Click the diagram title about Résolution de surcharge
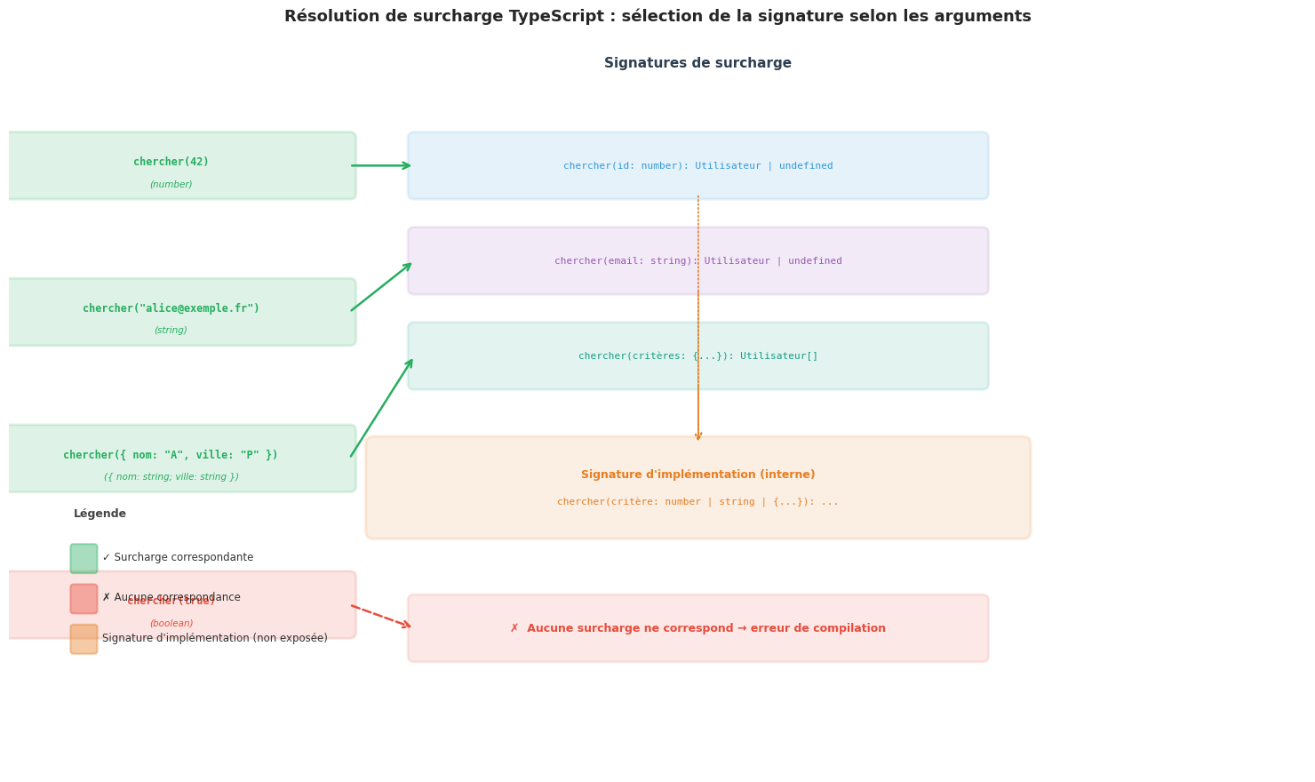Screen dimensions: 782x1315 pyautogui.click(x=657, y=17)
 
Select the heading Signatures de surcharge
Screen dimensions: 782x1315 pyautogui.click(x=697, y=64)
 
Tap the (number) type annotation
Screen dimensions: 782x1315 pyautogui.click(x=171, y=185)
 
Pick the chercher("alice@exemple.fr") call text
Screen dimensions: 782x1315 pyautogui.click(x=171, y=308)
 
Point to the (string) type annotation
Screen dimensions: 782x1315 pyautogui.click(x=171, y=331)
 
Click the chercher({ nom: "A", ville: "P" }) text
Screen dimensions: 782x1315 pyautogui.click(x=171, y=455)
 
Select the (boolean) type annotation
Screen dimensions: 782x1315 pyautogui.click(x=171, y=624)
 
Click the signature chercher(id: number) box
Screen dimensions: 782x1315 pyautogui.click(x=697, y=166)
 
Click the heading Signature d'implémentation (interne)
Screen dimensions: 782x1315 pyautogui.click(x=697, y=475)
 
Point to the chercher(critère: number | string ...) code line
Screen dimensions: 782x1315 pyautogui.click(x=697, y=502)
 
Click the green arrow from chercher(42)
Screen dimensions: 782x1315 pyautogui.click(x=380, y=165)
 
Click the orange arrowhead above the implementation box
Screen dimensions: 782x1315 pyautogui.click(x=698, y=435)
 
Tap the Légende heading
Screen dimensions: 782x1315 pyautogui.click(x=100, y=514)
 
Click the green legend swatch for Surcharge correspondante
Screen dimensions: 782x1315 pyautogui.click(x=84, y=559)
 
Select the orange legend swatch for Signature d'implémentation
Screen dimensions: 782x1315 pyautogui.click(x=84, y=639)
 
